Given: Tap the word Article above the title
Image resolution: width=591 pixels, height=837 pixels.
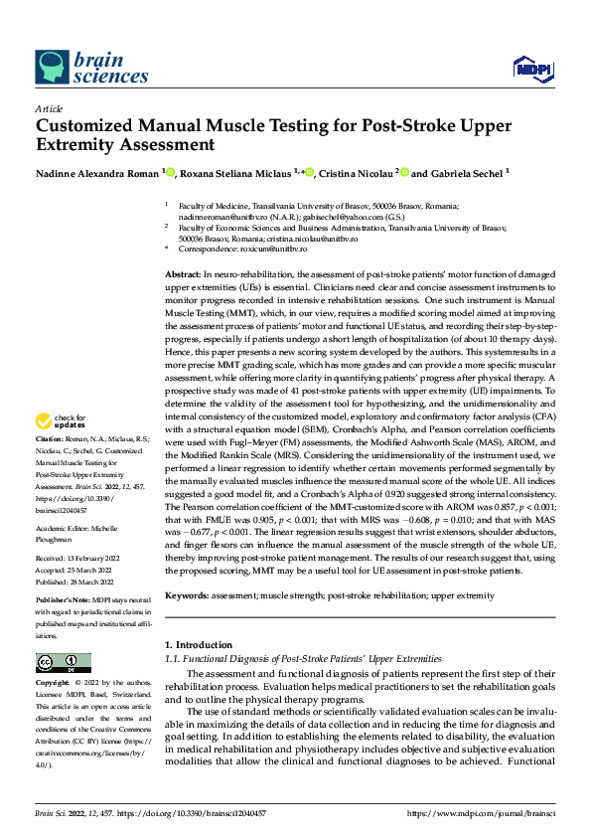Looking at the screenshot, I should [x=48, y=107].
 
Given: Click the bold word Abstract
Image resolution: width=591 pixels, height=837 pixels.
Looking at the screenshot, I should [x=183, y=272].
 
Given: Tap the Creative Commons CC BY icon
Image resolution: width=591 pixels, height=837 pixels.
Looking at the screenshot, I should [x=63, y=661].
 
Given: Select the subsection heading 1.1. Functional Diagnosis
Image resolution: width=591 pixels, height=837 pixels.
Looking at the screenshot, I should [x=303, y=659].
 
